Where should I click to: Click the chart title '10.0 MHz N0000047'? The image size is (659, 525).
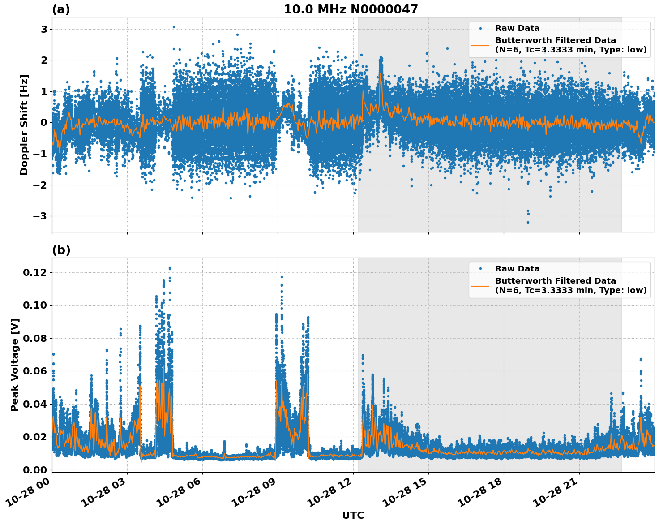(x=351, y=9)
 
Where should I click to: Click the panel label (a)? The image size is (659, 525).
(x=61, y=9)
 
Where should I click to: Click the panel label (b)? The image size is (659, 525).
(x=61, y=250)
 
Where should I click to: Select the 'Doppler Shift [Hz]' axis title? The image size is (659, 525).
(x=24, y=125)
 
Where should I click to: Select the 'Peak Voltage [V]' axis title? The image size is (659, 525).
(x=15, y=365)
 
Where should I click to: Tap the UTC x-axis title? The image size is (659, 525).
(x=353, y=515)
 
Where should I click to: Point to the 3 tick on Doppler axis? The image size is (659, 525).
(x=44, y=29)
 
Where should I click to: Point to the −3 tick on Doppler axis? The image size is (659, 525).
(x=41, y=216)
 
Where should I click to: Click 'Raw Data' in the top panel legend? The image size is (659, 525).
(x=517, y=28)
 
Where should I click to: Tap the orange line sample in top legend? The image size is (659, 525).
(x=480, y=45)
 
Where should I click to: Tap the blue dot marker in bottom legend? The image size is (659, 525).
(x=480, y=269)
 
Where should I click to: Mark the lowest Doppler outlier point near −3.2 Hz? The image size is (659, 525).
(x=528, y=222)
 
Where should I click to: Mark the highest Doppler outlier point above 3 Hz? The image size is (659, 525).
(x=174, y=27)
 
